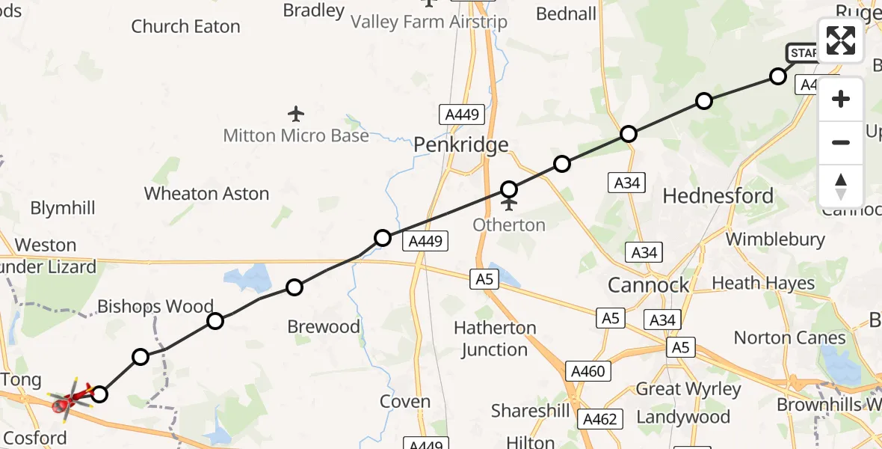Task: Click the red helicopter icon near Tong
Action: click(69, 399)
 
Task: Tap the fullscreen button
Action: click(841, 40)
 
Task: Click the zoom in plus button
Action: click(841, 99)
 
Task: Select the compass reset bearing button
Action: click(841, 186)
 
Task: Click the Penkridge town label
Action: click(461, 144)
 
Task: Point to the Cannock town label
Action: click(648, 285)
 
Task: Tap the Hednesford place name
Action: click(718, 196)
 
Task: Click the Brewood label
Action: click(324, 327)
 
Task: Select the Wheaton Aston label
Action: click(206, 194)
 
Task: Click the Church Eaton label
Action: click(185, 27)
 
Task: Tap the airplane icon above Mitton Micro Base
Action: click(297, 114)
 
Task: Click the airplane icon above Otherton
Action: click(509, 204)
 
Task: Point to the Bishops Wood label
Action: click(155, 307)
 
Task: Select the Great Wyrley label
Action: click(688, 389)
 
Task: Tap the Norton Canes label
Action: click(789, 337)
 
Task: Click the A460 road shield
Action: click(588, 371)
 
